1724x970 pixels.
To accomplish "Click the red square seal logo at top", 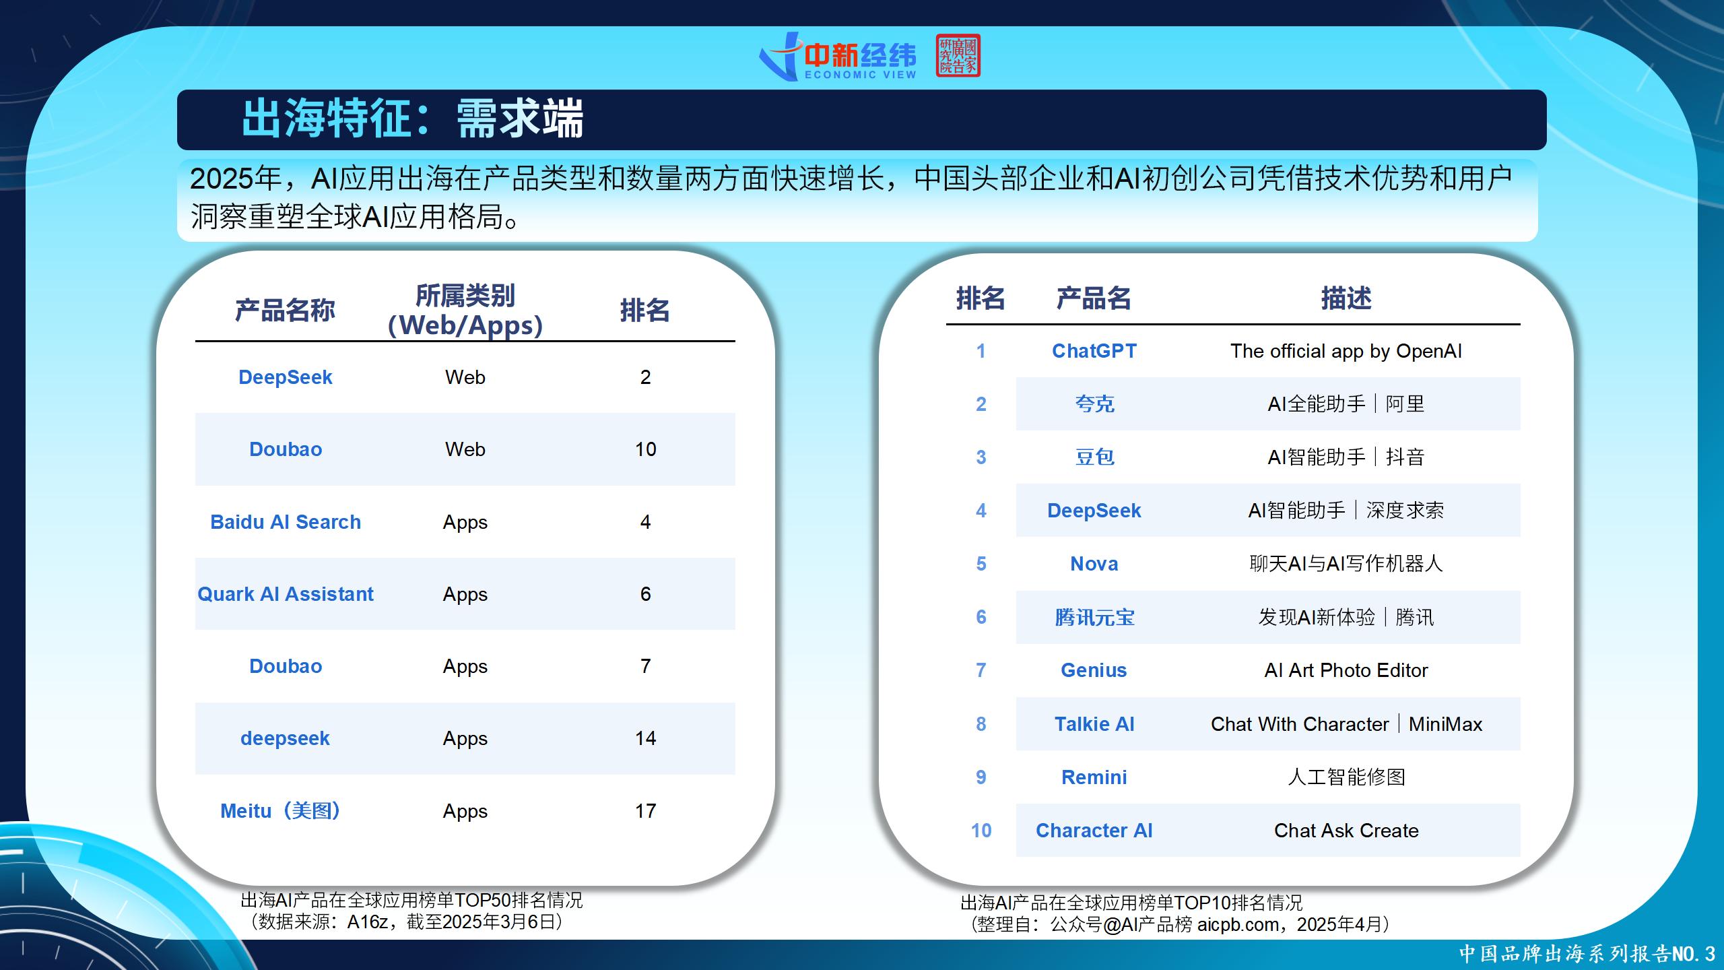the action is click(958, 55).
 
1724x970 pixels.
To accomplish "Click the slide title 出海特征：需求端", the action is click(412, 119).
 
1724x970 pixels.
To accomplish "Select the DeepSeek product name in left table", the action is click(286, 377).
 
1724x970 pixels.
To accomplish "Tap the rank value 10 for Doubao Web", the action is click(645, 449).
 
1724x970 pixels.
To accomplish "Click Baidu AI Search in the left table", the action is click(286, 522).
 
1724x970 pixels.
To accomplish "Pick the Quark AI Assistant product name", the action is click(286, 594).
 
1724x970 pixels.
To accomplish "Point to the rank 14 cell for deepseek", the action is click(645, 738).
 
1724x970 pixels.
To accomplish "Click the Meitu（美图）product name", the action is click(280, 811).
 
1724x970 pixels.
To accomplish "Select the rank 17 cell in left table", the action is click(645, 811).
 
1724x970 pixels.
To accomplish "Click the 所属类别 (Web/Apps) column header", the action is click(465, 311).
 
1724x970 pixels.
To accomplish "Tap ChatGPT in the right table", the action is click(1094, 351).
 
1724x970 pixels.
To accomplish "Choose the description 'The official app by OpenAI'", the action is click(1346, 351).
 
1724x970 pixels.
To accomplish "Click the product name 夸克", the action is click(1094, 404).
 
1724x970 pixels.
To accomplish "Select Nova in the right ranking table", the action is click(1094, 564).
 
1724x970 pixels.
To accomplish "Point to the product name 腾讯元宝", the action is click(1094, 617).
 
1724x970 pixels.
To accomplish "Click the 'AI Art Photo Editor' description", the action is click(1346, 670).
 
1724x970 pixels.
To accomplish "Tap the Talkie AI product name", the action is click(1094, 724).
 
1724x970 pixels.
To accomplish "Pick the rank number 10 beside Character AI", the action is click(981, 831).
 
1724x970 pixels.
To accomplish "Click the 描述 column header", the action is click(1346, 298).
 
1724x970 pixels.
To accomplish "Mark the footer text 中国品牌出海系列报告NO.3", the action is click(1587, 954).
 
